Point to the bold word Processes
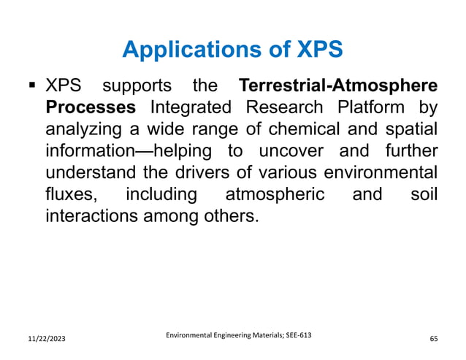click(x=91, y=110)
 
